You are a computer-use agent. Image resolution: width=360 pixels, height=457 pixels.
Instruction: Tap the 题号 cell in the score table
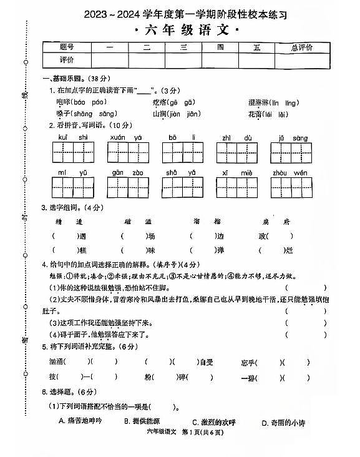click(x=67, y=47)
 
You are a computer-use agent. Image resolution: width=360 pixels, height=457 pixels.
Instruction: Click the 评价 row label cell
click(x=67, y=60)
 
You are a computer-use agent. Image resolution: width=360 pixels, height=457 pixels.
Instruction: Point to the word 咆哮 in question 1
click(x=63, y=102)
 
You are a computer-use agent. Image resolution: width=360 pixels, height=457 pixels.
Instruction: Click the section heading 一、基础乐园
click(x=61, y=79)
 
